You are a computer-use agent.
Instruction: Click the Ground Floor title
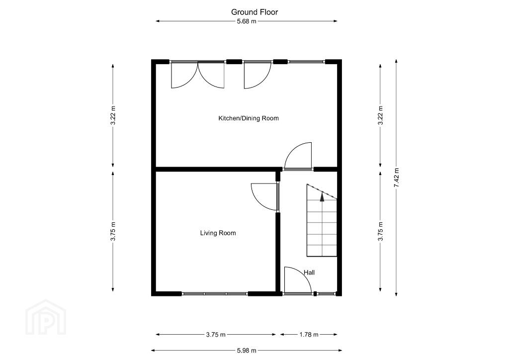tap(254, 12)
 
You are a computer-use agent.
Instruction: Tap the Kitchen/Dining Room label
tap(249, 118)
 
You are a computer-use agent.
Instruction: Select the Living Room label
tap(218, 233)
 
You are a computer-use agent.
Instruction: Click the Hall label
tap(309, 272)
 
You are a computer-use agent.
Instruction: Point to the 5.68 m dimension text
tap(247, 21)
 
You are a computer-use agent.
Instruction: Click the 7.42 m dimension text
tap(396, 178)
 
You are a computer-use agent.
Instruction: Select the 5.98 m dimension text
tap(247, 351)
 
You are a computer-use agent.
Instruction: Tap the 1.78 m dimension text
tap(309, 335)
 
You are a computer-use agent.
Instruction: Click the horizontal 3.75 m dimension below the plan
tap(216, 335)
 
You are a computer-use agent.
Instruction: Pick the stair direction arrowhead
tap(322, 197)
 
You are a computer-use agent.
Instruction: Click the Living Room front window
tap(215, 294)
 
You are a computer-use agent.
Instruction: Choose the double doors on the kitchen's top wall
tap(198, 75)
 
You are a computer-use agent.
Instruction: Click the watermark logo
tap(46, 317)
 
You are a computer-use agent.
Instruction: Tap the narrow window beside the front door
tap(326, 294)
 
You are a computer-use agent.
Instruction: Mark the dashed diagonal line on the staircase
tap(322, 191)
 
